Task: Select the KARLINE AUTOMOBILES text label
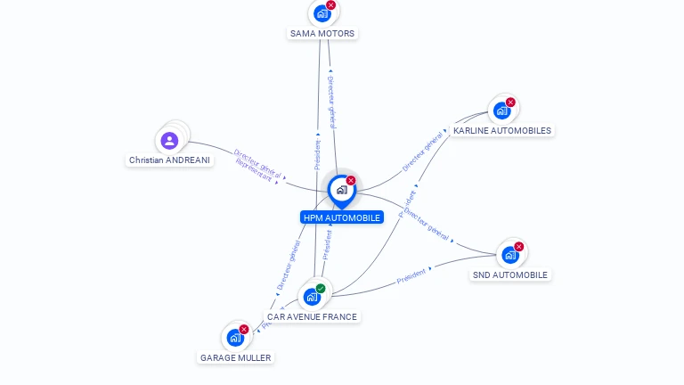click(502, 130)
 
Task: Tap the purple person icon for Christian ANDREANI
click(169, 140)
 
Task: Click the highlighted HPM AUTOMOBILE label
click(342, 217)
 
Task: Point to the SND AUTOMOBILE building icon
click(509, 255)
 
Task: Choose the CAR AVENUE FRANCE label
click(312, 316)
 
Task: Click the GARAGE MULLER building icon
click(235, 338)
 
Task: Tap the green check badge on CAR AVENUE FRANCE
click(321, 288)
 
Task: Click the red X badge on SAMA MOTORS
click(331, 5)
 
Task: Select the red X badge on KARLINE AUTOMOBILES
click(510, 102)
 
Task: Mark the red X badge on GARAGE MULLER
click(244, 329)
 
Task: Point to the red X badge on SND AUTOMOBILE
click(519, 247)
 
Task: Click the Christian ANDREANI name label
click(169, 160)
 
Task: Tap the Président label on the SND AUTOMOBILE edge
click(411, 275)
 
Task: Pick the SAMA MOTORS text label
click(322, 34)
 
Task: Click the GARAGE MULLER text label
click(235, 357)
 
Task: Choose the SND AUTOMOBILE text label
click(510, 274)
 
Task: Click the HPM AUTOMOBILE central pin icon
click(341, 190)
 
